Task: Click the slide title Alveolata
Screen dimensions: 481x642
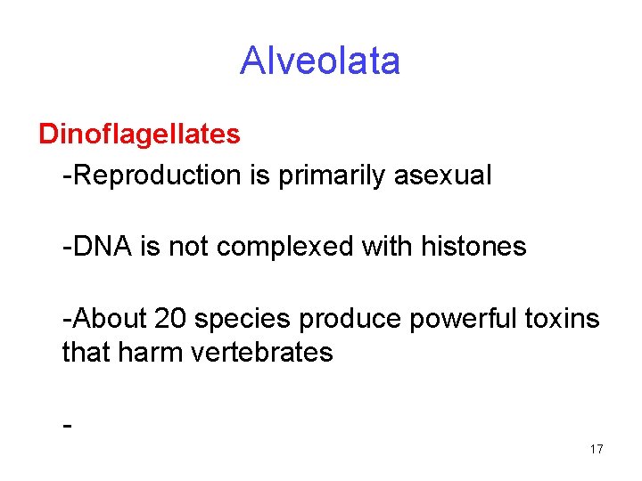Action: pos(320,61)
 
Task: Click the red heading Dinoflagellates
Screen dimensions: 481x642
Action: pos(139,135)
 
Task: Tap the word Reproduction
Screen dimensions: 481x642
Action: pos(158,175)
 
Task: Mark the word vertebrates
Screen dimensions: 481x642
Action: pos(261,353)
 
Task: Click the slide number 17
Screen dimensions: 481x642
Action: pos(596,450)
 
